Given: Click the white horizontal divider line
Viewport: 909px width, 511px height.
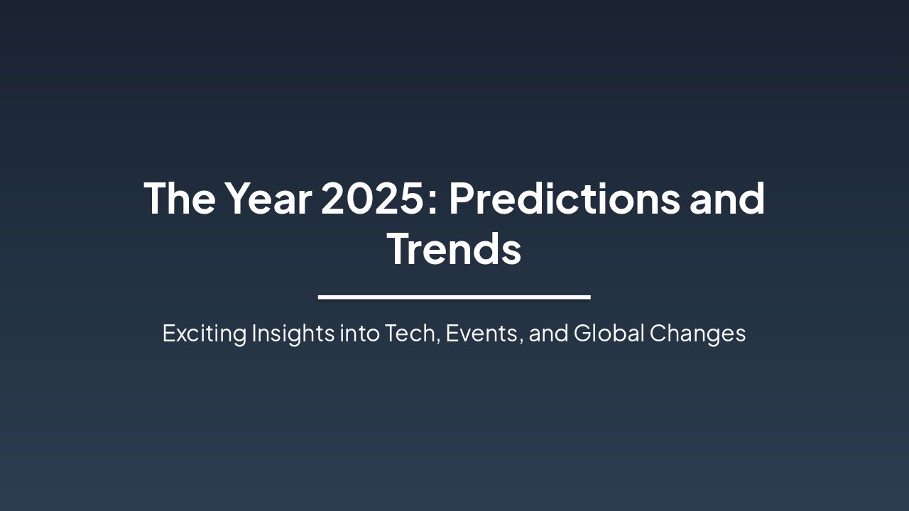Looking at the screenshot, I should point(454,297).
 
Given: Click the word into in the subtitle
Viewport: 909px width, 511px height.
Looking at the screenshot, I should point(359,334).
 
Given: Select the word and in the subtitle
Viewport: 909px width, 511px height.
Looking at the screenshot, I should point(548,334).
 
